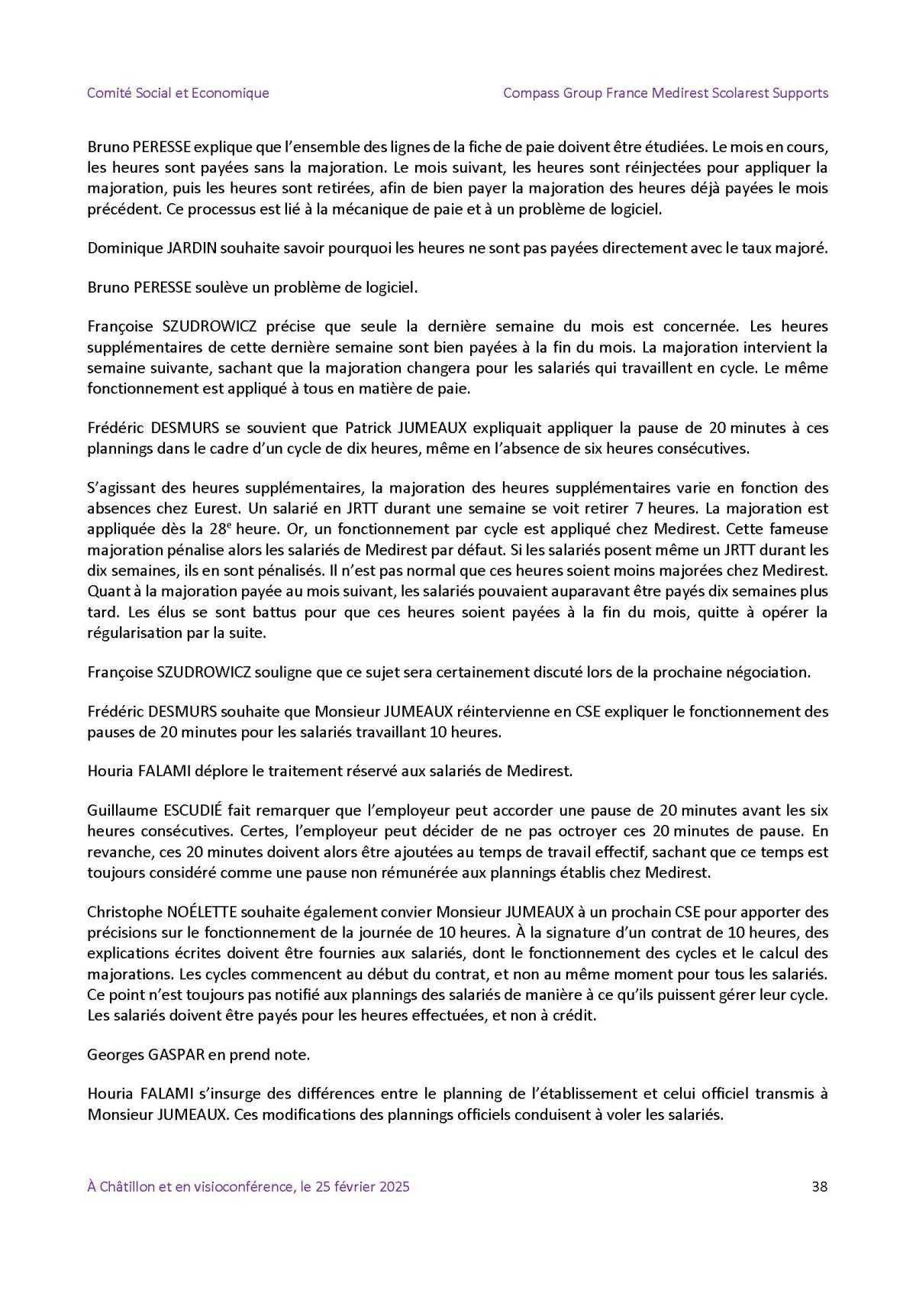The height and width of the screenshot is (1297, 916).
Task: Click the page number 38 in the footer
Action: coord(820,1186)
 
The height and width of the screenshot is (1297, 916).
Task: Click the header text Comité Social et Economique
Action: coord(178,93)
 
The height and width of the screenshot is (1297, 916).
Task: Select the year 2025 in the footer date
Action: coord(395,1186)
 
